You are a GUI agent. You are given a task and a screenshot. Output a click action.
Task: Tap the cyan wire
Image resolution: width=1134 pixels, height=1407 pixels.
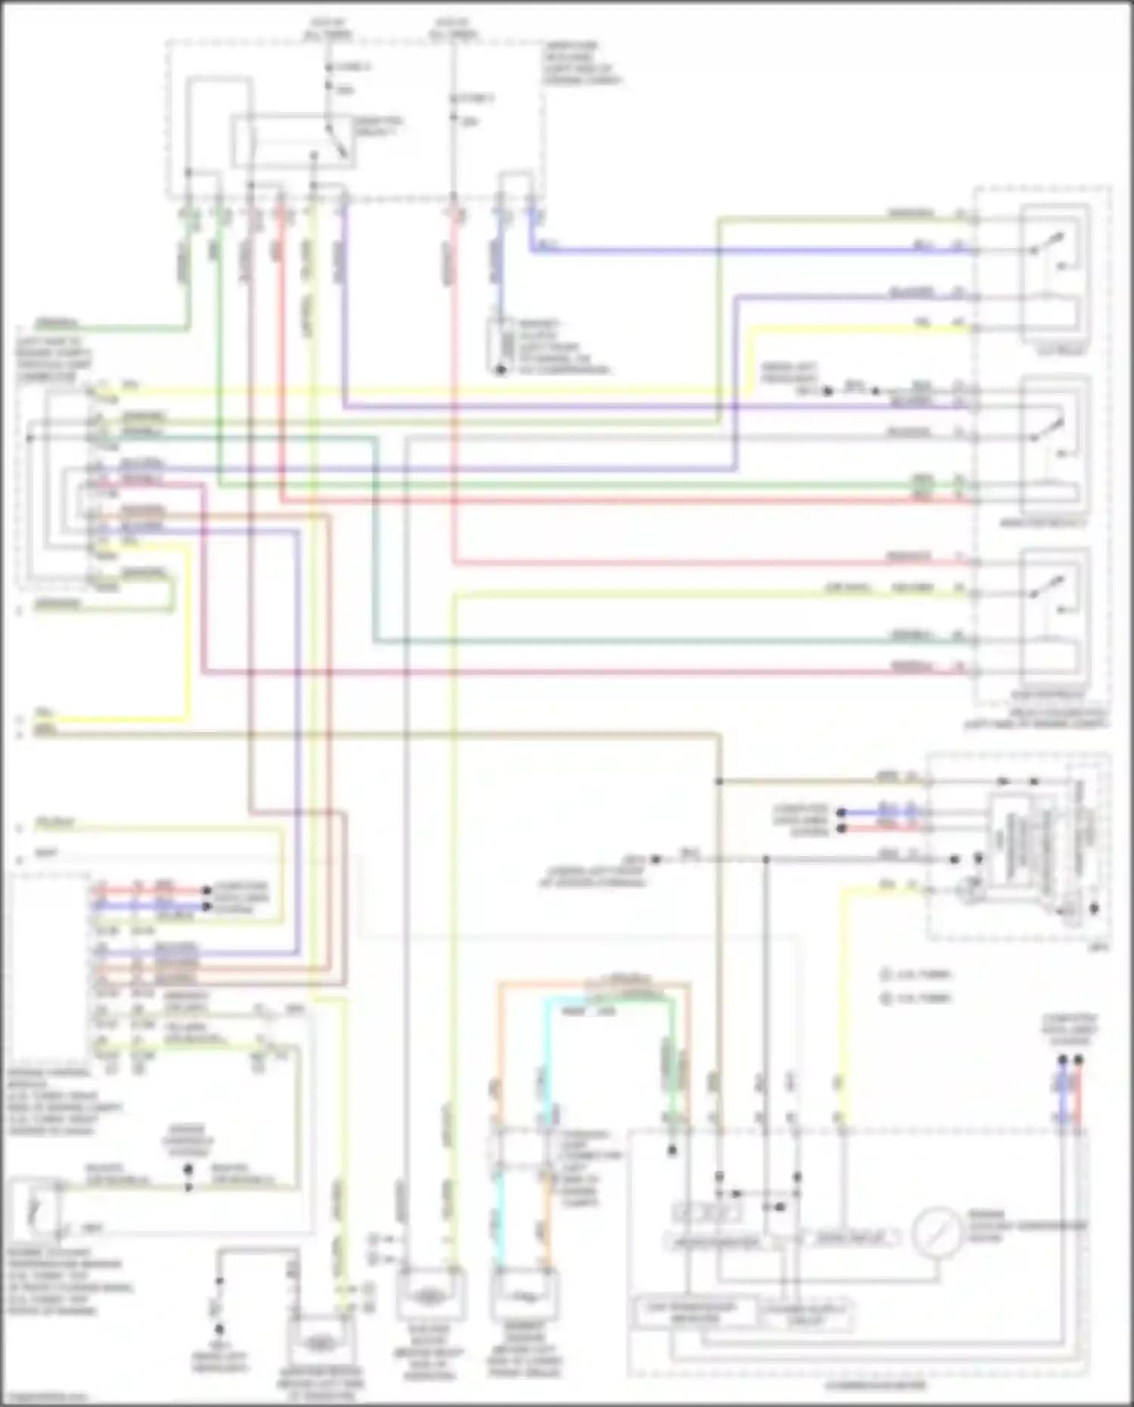pyautogui.click(x=547, y=1058)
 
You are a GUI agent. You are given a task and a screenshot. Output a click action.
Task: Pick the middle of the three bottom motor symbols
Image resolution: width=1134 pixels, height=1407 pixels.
pyautogui.click(x=428, y=1296)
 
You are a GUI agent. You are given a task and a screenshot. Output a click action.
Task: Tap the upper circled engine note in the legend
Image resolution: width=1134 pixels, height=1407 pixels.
pyautogui.click(x=886, y=975)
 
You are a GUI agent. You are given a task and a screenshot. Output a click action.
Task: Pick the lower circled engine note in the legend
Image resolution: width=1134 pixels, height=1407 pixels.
pyautogui.click(x=886, y=999)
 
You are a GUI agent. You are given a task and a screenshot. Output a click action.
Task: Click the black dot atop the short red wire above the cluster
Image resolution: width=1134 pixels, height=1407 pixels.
pyautogui.click(x=1078, y=1061)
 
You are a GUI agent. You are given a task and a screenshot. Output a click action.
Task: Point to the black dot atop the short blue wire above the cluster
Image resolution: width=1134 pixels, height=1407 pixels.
pyautogui.click(x=1063, y=1061)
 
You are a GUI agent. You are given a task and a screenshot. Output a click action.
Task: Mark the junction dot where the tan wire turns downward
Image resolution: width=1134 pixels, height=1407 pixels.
pyautogui.click(x=719, y=780)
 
